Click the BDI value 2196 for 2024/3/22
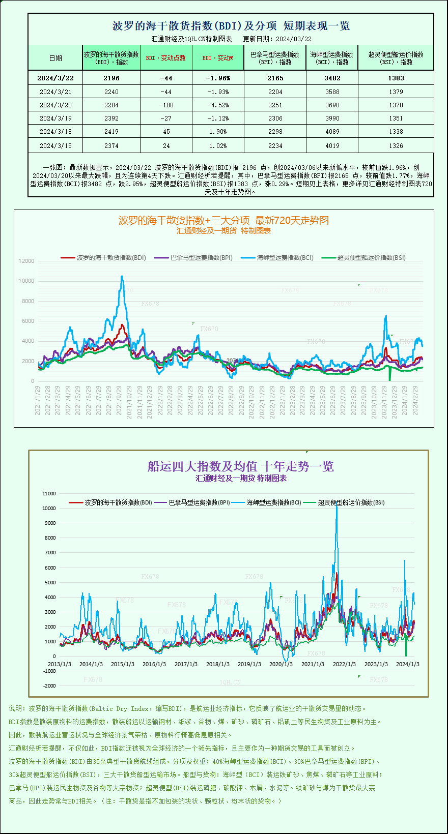[x=111, y=78]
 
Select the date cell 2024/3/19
[x=55, y=118]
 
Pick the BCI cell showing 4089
[x=332, y=131]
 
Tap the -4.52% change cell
[x=218, y=105]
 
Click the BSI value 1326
[x=396, y=145]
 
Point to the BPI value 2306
[x=275, y=118]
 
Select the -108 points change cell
[x=166, y=105]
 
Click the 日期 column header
[x=55, y=58]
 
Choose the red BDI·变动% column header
[x=218, y=58]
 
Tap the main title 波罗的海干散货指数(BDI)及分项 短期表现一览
[x=231, y=25]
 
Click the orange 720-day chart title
[x=223, y=220]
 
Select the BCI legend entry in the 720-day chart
[x=285, y=258]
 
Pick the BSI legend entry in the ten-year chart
[x=351, y=502]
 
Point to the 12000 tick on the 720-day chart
[x=26, y=261]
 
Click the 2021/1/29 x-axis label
[x=38, y=400]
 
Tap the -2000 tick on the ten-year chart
[x=49, y=686]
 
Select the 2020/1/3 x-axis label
[x=281, y=664]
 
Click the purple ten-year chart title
[x=240, y=466]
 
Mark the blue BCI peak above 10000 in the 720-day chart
[x=122, y=277]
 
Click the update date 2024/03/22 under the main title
[x=294, y=39]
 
